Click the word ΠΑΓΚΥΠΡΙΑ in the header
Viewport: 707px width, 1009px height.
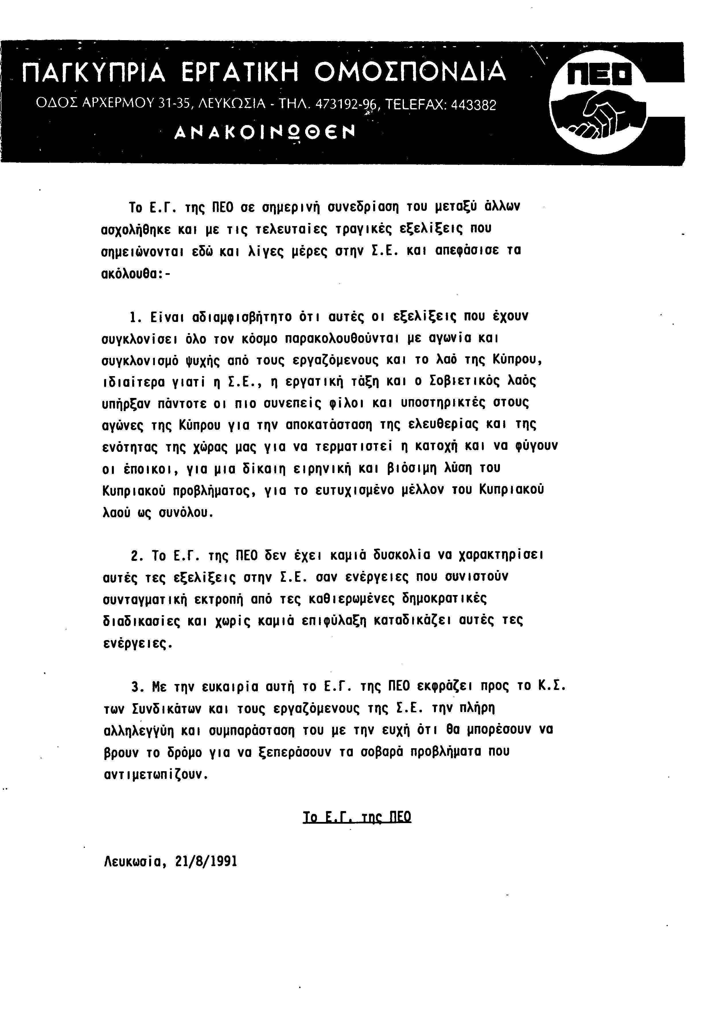pyautogui.click(x=94, y=73)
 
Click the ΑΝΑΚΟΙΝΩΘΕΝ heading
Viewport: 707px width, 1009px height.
pyautogui.click(x=264, y=132)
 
